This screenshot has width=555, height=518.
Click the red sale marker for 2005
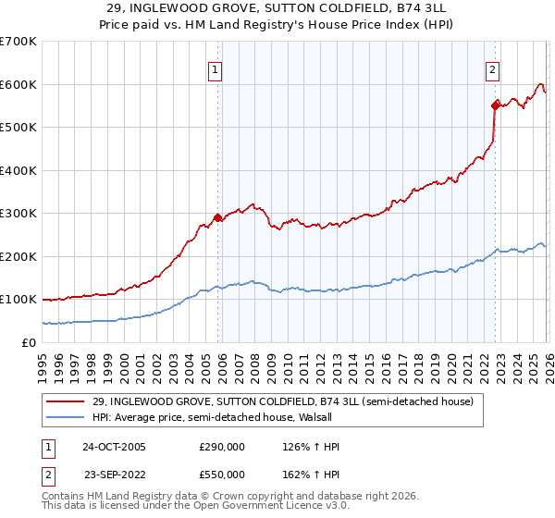click(218, 218)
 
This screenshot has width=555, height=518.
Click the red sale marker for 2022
click(495, 105)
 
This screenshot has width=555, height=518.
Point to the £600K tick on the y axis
click(18, 84)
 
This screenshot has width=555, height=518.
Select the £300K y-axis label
click(18, 214)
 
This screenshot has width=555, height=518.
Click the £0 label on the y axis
click(30, 342)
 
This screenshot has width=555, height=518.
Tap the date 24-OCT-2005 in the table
click(114, 447)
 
